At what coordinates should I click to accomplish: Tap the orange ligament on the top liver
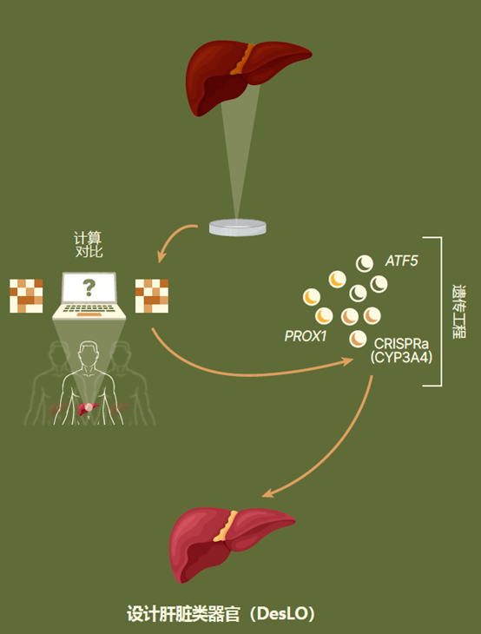pos(243,59)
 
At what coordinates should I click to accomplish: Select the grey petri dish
pos(238,227)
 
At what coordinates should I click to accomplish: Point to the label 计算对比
pos(89,245)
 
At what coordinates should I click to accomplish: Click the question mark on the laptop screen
pos(89,287)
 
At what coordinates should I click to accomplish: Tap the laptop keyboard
pos(89,309)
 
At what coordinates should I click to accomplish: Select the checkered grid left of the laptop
pos(26,295)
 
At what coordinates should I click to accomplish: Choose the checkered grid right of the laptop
pos(152,295)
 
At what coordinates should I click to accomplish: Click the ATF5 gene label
pos(401,261)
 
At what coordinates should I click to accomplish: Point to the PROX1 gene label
pos(306,336)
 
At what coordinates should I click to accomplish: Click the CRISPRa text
pos(401,344)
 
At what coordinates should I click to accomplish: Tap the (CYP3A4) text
pos(401,358)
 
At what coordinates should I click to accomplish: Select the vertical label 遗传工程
pos(458,311)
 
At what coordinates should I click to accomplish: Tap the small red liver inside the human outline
pos(88,408)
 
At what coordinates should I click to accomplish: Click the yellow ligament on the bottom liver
pos(225,525)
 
